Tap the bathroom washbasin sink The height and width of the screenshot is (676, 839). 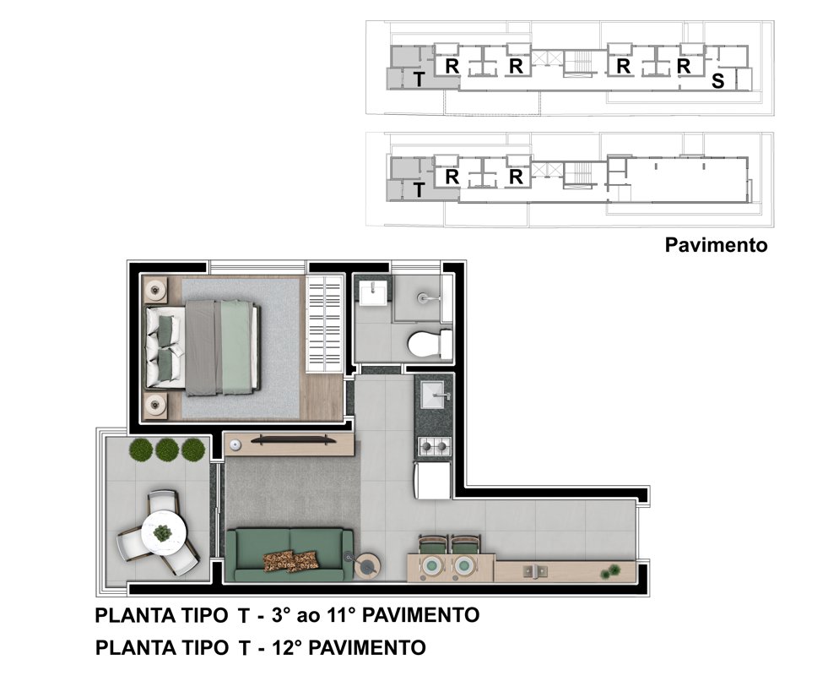tap(373, 293)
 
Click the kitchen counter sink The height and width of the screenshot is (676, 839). tap(436, 395)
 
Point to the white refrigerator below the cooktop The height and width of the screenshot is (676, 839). tap(432, 480)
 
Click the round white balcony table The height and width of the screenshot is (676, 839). tap(164, 533)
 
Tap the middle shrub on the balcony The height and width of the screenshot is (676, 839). tap(166, 450)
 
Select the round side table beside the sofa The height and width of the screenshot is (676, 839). tap(367, 565)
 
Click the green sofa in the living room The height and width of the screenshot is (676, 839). tap(289, 555)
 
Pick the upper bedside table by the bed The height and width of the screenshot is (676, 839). tap(156, 291)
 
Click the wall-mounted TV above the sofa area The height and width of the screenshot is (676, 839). tap(293, 439)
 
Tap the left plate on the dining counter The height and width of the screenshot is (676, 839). tap(431, 565)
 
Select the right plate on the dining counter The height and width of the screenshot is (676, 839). tap(463, 565)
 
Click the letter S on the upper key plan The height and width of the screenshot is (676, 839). tap(718, 81)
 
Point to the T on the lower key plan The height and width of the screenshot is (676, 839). tap(419, 189)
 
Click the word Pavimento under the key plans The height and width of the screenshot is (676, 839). tap(716, 245)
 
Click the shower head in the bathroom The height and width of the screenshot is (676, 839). tap(425, 295)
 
